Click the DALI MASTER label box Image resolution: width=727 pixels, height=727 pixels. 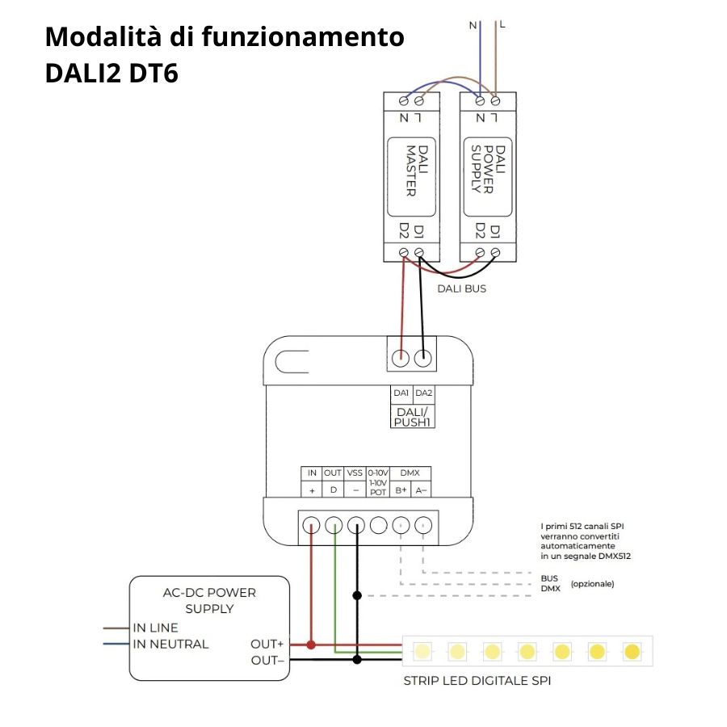(x=410, y=170)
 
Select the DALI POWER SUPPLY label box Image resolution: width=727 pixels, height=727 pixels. (x=488, y=170)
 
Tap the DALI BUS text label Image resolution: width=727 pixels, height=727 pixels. (x=462, y=288)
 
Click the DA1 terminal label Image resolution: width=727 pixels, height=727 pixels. (x=401, y=393)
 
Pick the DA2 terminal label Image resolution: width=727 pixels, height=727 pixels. (x=424, y=393)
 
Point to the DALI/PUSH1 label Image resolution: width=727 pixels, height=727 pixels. (x=412, y=416)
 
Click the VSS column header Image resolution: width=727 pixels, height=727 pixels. (x=355, y=473)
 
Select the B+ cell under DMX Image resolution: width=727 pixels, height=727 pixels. (x=401, y=490)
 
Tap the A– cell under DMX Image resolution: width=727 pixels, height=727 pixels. (x=422, y=490)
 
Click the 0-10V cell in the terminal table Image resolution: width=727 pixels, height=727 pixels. (x=378, y=473)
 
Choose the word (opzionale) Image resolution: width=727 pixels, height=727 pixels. (x=591, y=583)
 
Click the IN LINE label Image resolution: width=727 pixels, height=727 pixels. (x=156, y=628)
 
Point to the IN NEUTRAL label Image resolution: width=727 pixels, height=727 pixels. (x=171, y=644)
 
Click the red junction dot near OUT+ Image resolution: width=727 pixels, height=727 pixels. (x=311, y=645)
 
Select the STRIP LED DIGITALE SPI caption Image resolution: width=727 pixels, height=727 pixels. (x=477, y=681)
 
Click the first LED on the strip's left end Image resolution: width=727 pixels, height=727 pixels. (x=422, y=650)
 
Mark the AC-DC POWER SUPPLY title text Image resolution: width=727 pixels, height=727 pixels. (x=209, y=600)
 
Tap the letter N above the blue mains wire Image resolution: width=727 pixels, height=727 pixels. (x=473, y=25)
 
